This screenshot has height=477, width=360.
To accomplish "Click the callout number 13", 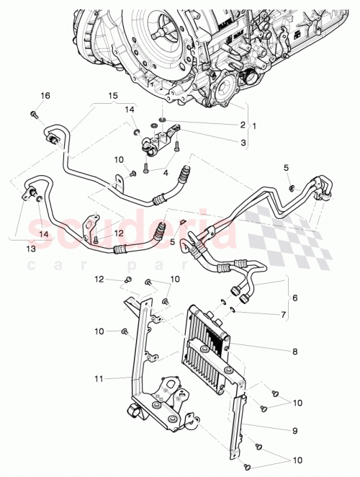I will pos(30,249).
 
